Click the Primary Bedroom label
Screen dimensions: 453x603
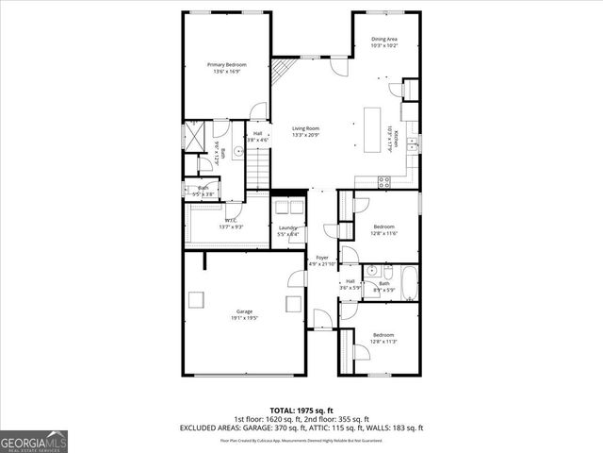pos(226,64)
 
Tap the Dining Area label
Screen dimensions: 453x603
pos(383,39)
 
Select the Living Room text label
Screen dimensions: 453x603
pos(305,128)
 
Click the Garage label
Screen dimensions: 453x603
pos(243,311)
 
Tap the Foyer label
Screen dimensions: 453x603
pos(321,258)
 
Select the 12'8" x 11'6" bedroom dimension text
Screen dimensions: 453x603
pos(383,233)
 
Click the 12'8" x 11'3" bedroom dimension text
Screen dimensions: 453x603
pos(383,341)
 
